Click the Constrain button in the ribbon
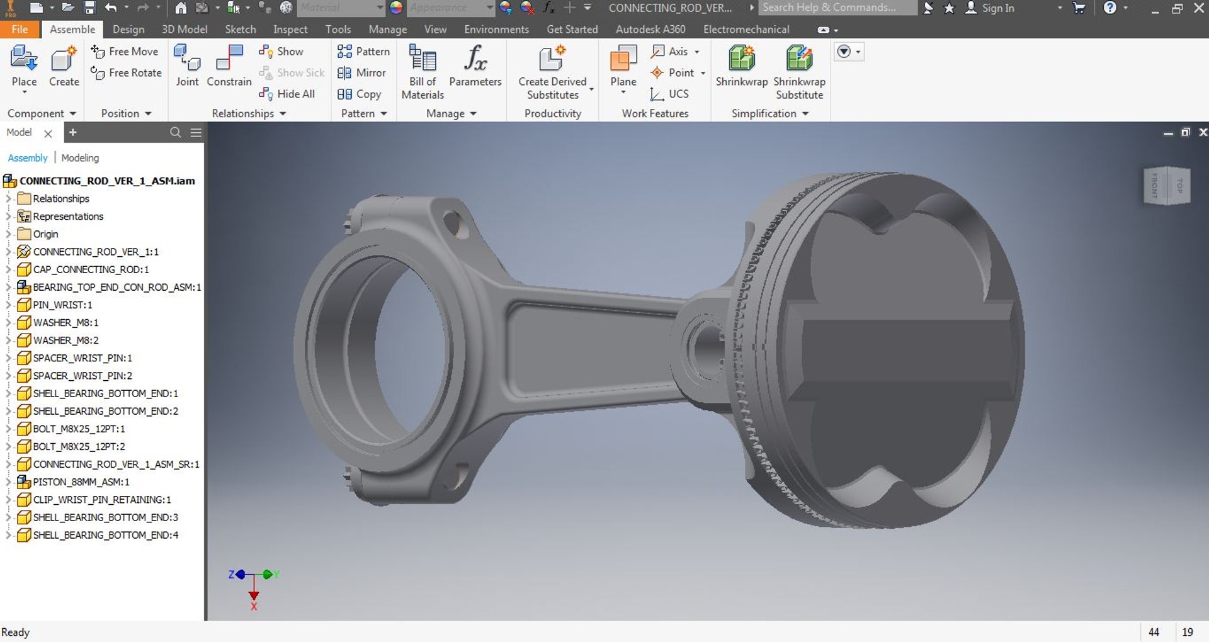[229, 65]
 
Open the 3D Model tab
[184, 30]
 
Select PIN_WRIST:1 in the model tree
[62, 305]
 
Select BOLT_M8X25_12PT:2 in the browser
[79, 446]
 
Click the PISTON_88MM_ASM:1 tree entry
[81, 482]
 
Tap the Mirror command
[362, 73]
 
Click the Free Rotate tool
[127, 73]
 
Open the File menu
[20, 30]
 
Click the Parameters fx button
[475, 65]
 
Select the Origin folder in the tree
[45, 234]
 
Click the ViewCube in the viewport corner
[1166, 185]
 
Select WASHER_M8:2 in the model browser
[65, 341]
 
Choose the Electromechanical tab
[746, 30]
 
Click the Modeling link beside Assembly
[80, 158]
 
